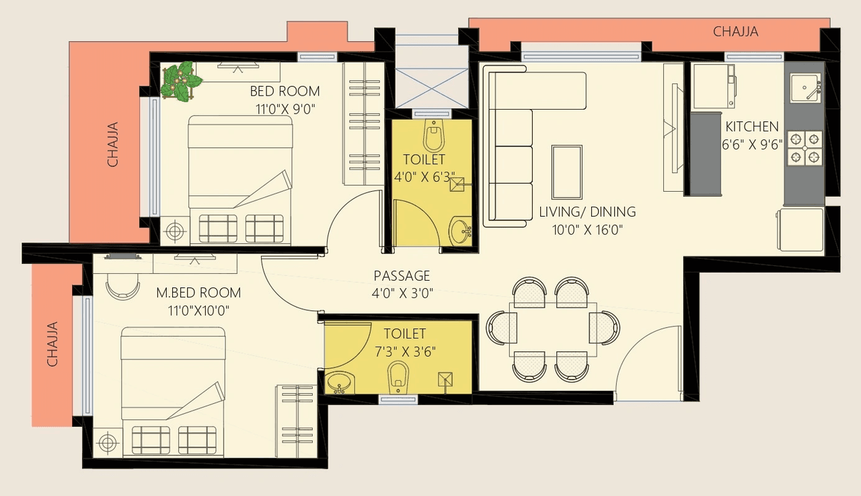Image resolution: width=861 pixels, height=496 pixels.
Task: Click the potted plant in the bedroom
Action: (x=180, y=81)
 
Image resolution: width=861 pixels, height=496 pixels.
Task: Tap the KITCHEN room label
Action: (x=751, y=127)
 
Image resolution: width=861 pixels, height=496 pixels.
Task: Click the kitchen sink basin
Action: (x=804, y=88)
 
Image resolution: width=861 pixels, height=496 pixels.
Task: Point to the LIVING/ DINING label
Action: (x=587, y=212)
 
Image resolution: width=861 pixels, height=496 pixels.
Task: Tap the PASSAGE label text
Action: (x=402, y=276)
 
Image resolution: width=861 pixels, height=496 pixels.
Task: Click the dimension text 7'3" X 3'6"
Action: (x=405, y=351)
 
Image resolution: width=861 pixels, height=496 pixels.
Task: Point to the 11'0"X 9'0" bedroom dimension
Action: (x=285, y=108)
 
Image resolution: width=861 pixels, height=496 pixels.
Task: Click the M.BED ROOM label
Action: (x=198, y=293)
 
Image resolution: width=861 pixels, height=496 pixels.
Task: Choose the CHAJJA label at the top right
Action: (x=735, y=32)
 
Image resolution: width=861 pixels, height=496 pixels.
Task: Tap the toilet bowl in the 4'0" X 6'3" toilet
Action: (x=434, y=137)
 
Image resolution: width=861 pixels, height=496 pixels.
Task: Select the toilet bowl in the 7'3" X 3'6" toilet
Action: (x=398, y=376)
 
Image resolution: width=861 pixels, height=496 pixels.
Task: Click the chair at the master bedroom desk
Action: (x=122, y=287)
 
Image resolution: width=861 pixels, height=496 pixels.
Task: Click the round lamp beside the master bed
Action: (x=106, y=444)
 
